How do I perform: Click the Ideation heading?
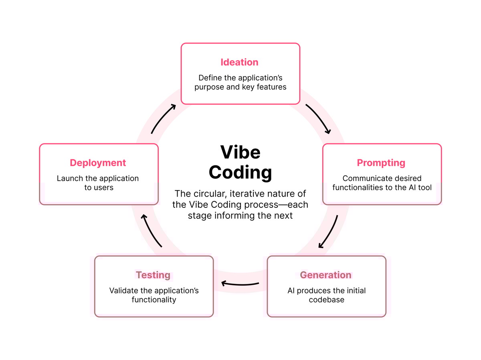pyautogui.click(x=239, y=62)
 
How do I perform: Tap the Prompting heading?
pyautogui.click(x=381, y=163)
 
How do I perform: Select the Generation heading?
pyautogui.click(x=325, y=275)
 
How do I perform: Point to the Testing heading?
pyautogui.click(x=153, y=275)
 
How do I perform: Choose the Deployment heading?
pyautogui.click(x=98, y=163)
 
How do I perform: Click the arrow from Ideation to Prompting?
pyautogui.click(x=318, y=119)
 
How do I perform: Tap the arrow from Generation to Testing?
pyautogui.click(x=240, y=284)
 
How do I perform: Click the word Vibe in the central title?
pyautogui.click(x=240, y=153)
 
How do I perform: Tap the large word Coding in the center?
pyautogui.click(x=240, y=172)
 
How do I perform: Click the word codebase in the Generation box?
pyautogui.click(x=326, y=300)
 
